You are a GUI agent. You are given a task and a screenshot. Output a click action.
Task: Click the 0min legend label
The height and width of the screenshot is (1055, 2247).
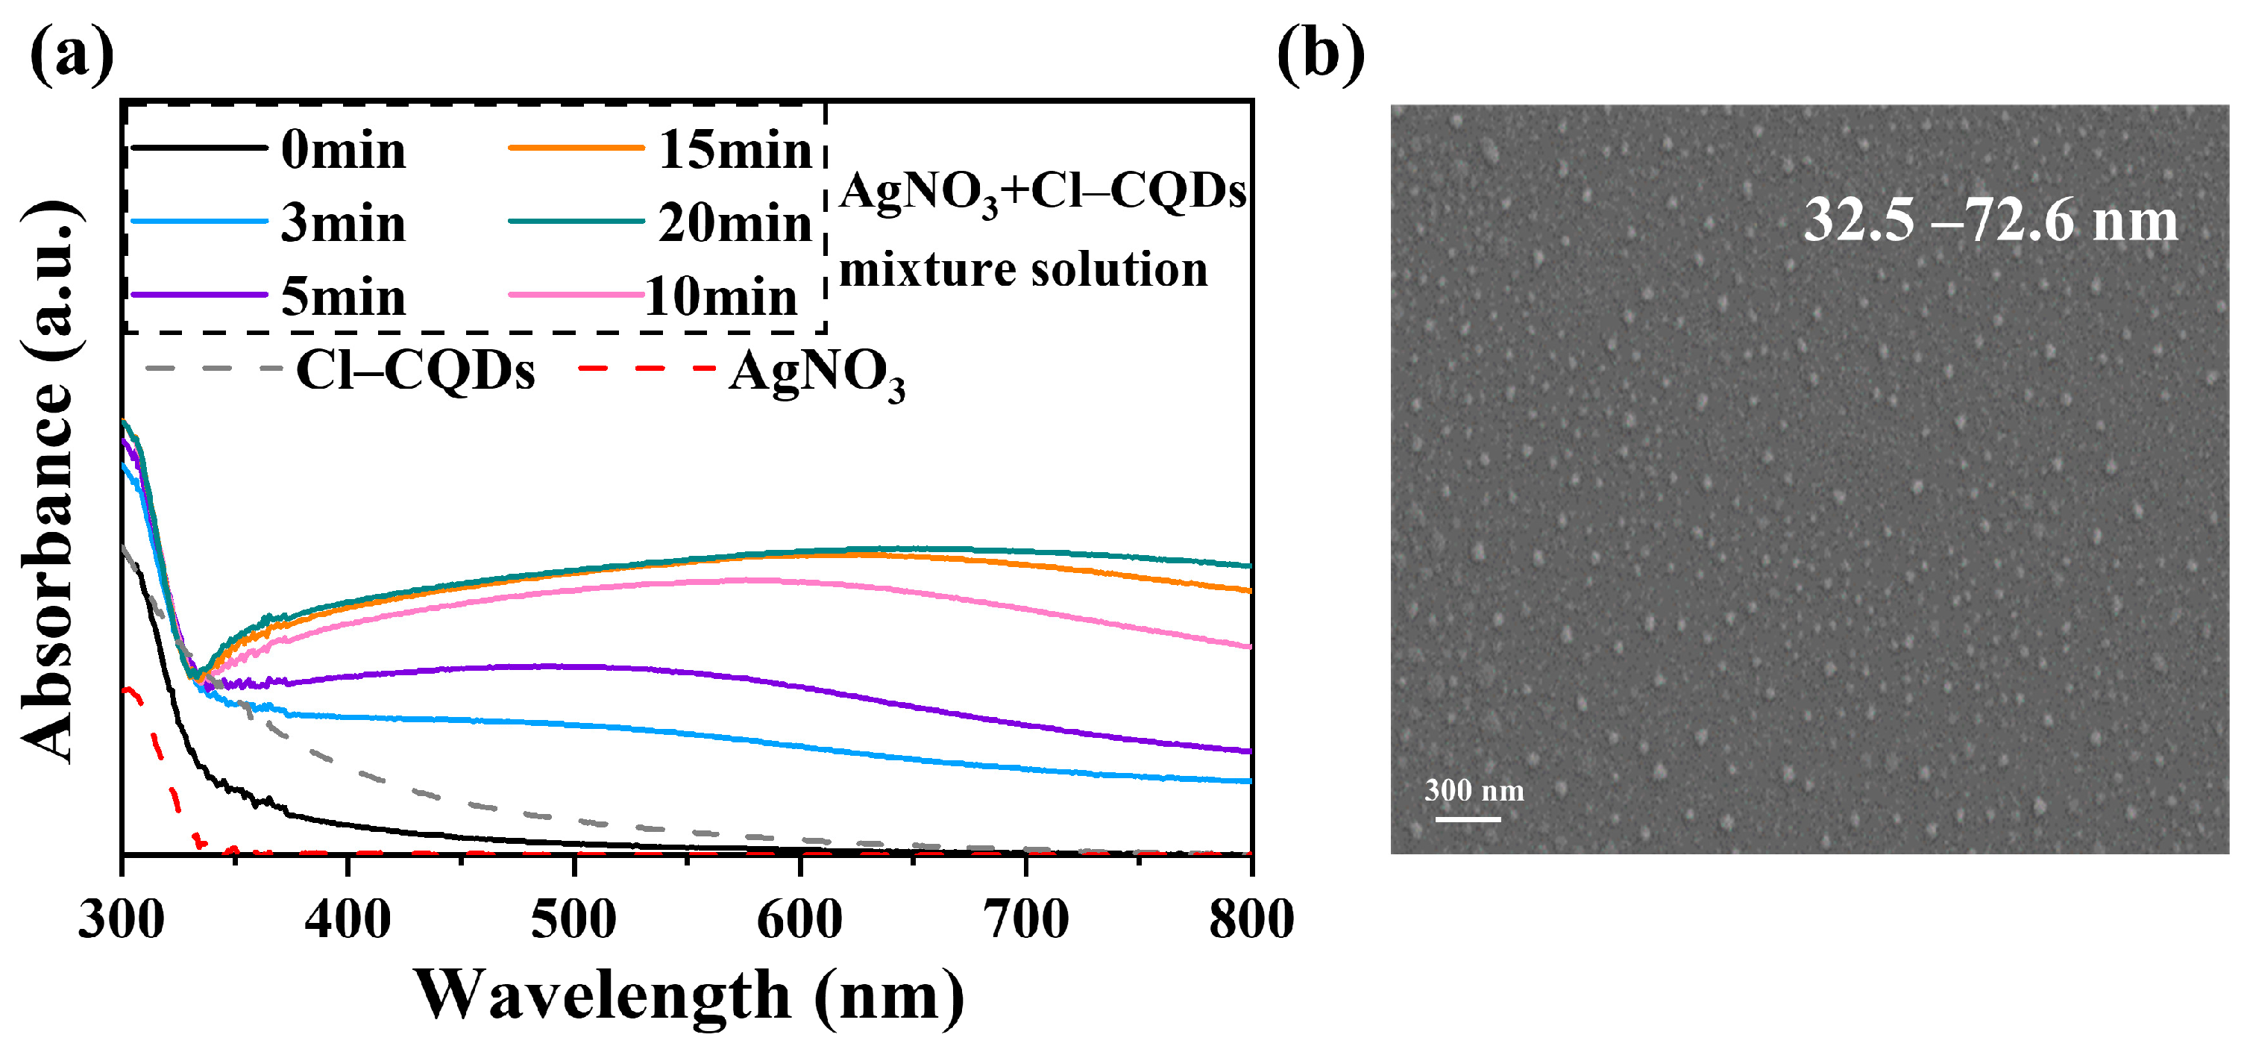point(343,150)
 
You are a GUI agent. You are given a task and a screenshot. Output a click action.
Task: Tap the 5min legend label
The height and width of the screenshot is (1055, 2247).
point(343,298)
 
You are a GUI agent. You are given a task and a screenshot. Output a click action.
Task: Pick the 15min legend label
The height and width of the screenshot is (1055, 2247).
point(735,150)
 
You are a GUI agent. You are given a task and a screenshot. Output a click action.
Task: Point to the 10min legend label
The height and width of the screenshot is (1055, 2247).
point(720,298)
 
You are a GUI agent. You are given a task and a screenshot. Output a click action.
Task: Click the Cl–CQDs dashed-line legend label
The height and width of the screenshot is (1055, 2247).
point(415,371)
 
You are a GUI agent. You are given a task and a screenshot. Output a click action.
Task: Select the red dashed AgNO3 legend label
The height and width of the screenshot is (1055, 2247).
point(817,374)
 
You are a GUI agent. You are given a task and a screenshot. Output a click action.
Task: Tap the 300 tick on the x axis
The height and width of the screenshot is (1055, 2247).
point(122,920)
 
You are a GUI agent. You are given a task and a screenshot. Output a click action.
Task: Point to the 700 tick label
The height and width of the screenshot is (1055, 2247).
point(1026,920)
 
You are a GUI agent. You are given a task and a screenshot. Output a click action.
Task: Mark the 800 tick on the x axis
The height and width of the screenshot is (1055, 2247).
point(1251,920)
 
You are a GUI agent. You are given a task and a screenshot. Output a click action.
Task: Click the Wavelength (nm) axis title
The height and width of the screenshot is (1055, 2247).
point(689,995)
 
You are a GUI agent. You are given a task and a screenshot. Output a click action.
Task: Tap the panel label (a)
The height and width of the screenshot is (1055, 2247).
point(72,54)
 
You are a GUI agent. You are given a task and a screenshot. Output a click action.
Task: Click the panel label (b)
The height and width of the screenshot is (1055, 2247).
point(1320,54)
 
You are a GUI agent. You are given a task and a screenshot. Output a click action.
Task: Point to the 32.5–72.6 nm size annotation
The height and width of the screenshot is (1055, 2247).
point(1990,220)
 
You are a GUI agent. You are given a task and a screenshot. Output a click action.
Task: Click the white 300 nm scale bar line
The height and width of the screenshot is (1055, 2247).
point(1468,818)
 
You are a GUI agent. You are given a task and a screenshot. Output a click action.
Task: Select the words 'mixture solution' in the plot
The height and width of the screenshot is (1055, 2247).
point(1023,269)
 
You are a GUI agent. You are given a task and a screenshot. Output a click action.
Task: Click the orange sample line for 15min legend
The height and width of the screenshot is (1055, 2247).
point(576,148)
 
